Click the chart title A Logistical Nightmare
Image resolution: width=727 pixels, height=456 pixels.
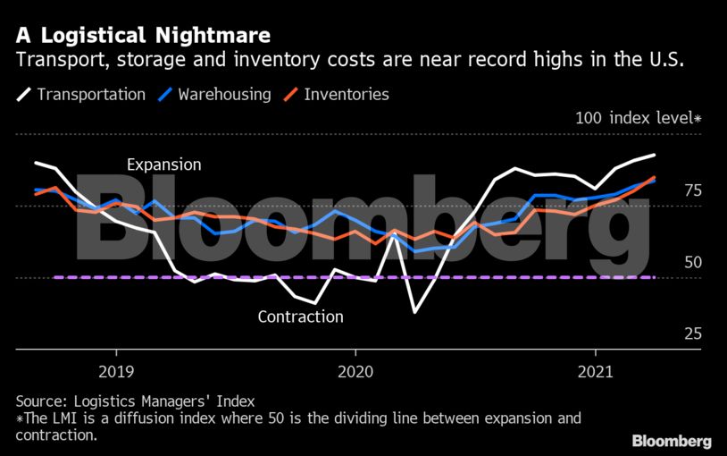click(143, 36)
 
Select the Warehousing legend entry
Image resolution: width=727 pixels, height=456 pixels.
click(224, 94)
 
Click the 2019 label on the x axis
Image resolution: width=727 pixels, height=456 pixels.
click(116, 370)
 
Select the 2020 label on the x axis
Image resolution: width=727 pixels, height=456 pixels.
click(355, 370)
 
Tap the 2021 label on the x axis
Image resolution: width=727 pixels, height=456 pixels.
click(596, 370)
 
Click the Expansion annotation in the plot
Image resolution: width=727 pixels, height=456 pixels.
click(164, 165)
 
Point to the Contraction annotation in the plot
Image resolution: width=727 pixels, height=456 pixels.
click(300, 316)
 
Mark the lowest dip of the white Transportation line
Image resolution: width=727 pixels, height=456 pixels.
click(415, 312)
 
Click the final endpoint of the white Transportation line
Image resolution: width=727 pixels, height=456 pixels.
click(656, 156)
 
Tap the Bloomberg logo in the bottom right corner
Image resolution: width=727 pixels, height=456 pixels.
click(672, 441)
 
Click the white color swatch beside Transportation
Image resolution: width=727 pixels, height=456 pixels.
click(23, 94)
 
